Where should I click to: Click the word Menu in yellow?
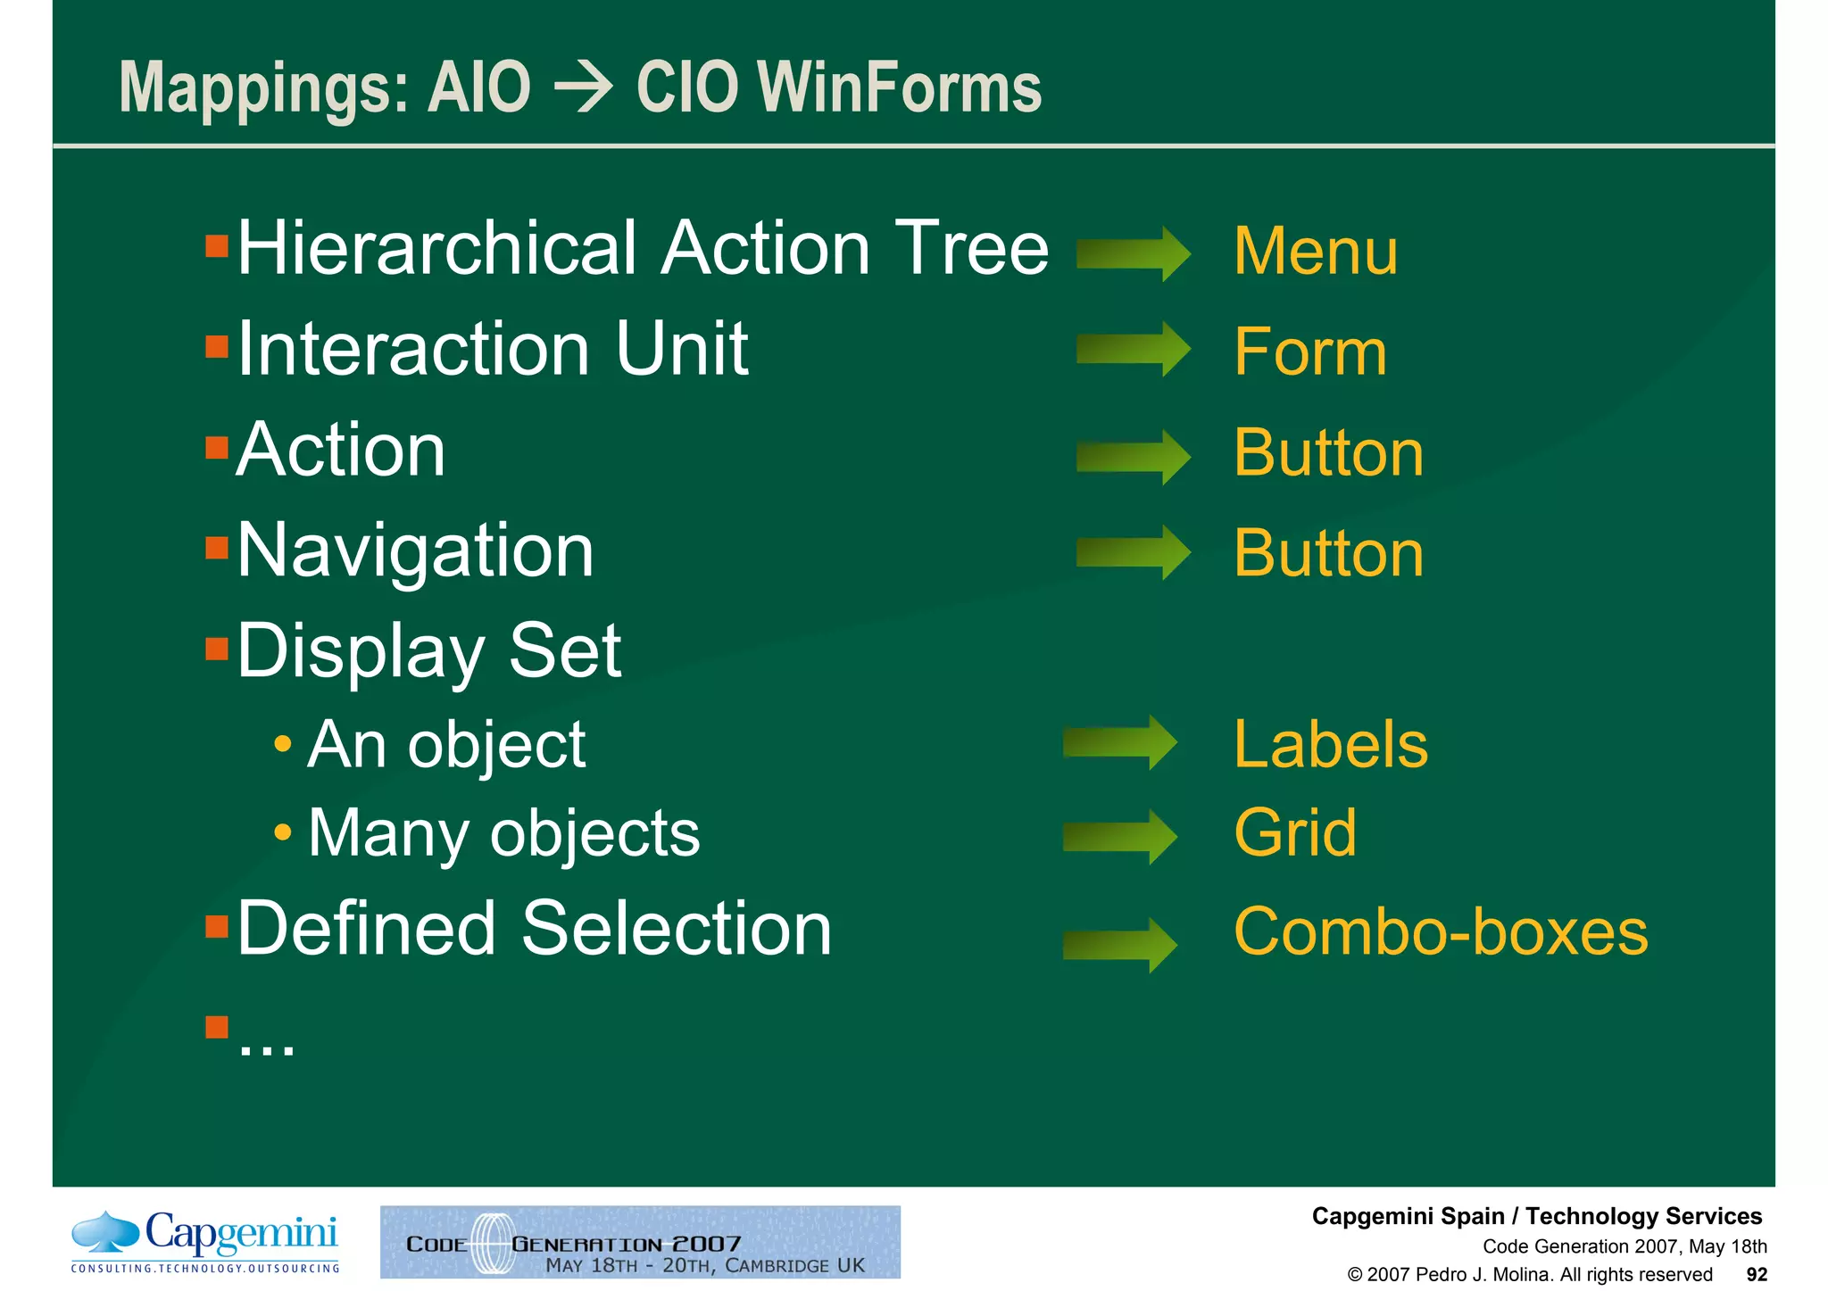[x=1315, y=252]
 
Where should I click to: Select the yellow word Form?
[x=1309, y=352]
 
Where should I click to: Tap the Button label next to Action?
[x=1327, y=453]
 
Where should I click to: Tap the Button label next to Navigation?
[x=1327, y=554]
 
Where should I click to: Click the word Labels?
[x=1330, y=745]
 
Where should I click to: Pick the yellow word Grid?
[x=1294, y=833]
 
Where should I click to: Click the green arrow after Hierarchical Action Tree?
[x=1133, y=254]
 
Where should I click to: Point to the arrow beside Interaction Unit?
[x=1133, y=349]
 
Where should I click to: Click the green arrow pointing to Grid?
[x=1119, y=837]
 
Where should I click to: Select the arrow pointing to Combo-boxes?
[x=1119, y=945]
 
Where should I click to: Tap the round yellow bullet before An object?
[x=283, y=743]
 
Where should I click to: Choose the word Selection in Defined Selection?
[x=676, y=930]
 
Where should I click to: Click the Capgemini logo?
[x=205, y=1241]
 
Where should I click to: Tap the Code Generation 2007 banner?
[x=640, y=1242]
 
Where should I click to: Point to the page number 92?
[x=1756, y=1275]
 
